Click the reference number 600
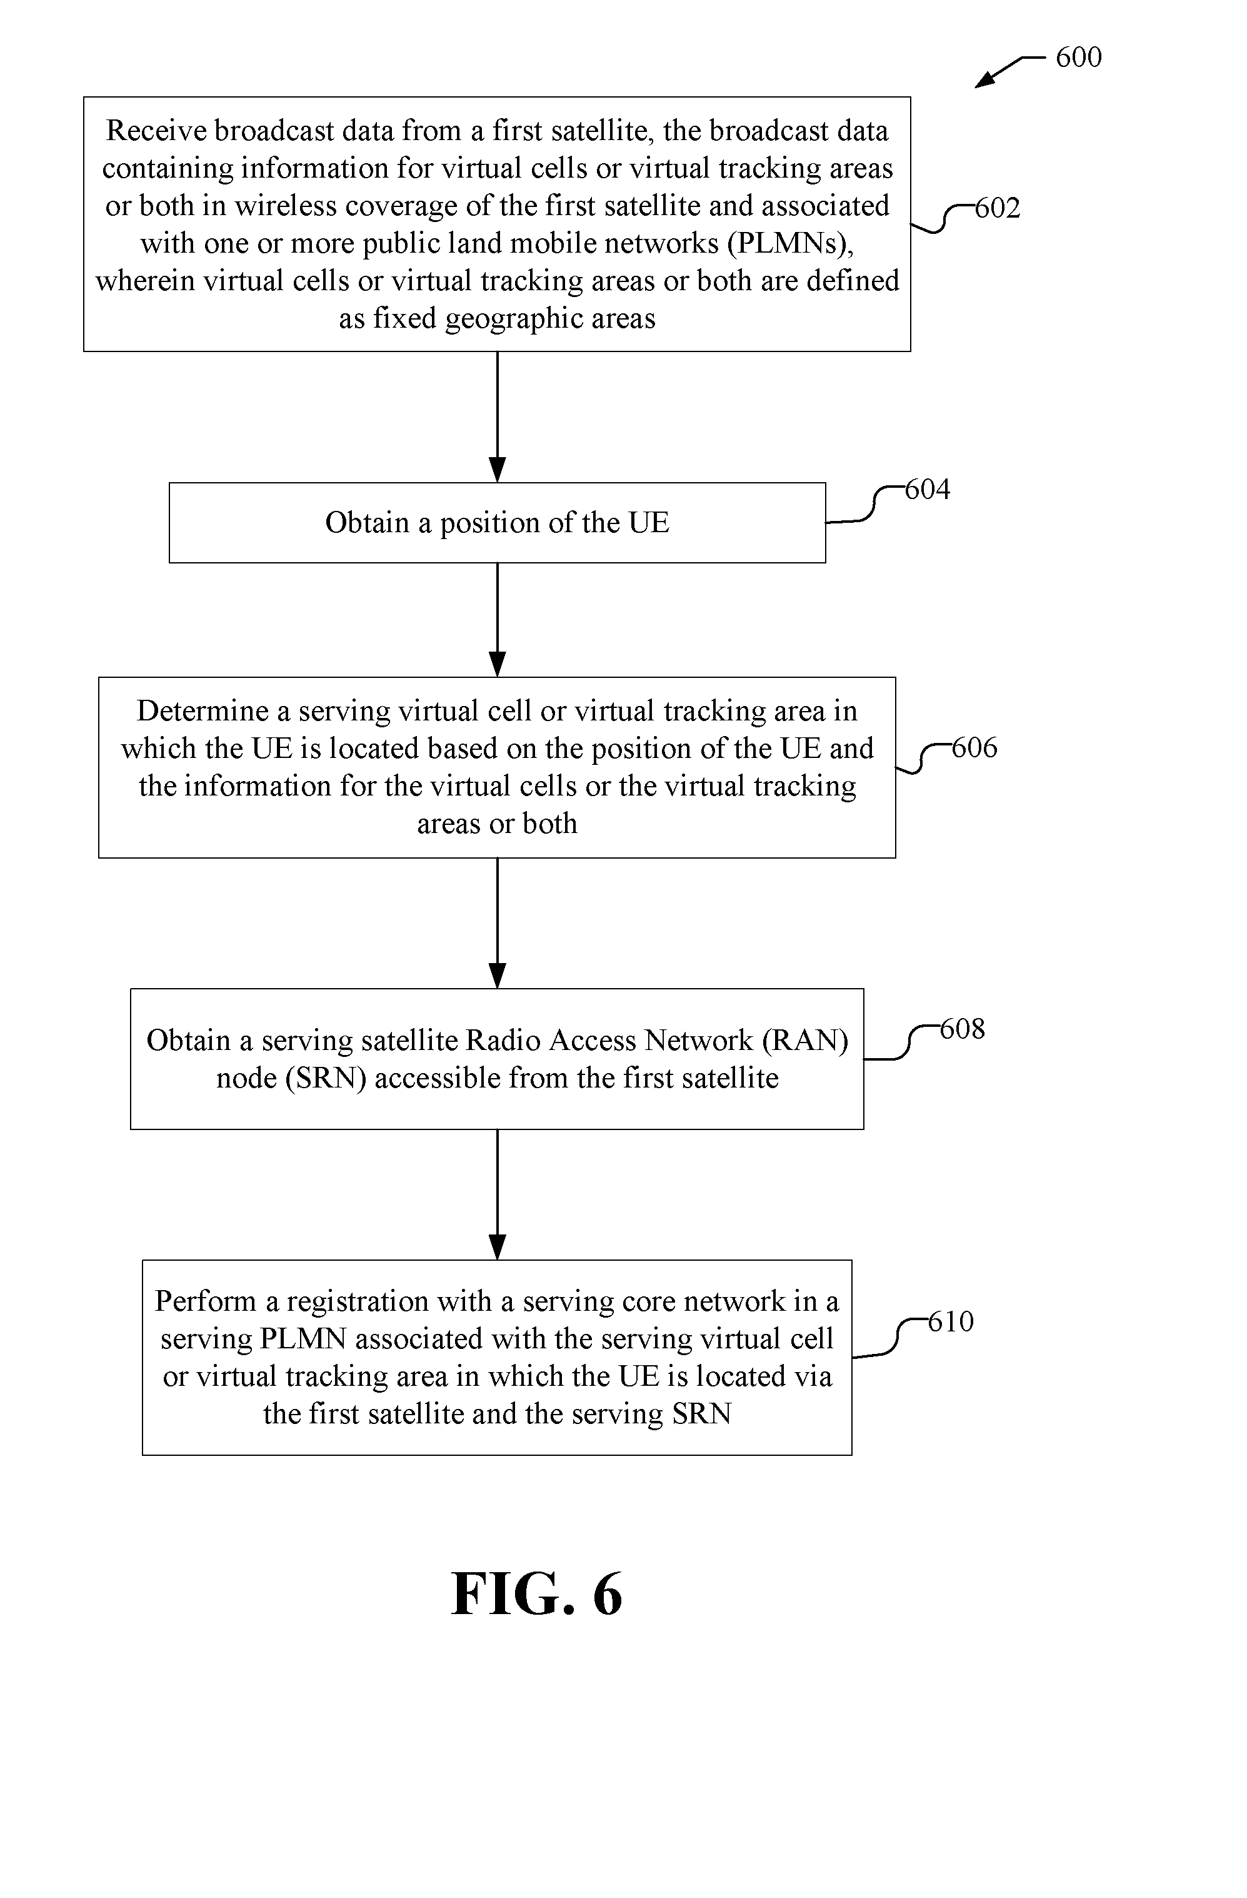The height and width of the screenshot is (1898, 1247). tap(1078, 58)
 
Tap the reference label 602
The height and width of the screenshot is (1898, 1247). tap(998, 208)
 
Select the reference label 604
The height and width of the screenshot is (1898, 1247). tap(927, 489)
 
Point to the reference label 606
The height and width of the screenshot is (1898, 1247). tap(974, 748)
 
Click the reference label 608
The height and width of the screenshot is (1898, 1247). tap(963, 1029)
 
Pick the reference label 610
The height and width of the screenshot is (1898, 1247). tap(951, 1321)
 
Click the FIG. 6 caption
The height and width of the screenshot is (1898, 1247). tap(536, 1594)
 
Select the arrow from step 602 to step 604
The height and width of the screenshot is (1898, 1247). tap(498, 417)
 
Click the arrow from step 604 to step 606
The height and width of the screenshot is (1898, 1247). tap(498, 620)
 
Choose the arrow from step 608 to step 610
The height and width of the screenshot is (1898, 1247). tap(498, 1194)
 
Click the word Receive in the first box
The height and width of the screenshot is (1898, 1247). tap(156, 131)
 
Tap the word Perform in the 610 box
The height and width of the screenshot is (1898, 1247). tap(206, 1301)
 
